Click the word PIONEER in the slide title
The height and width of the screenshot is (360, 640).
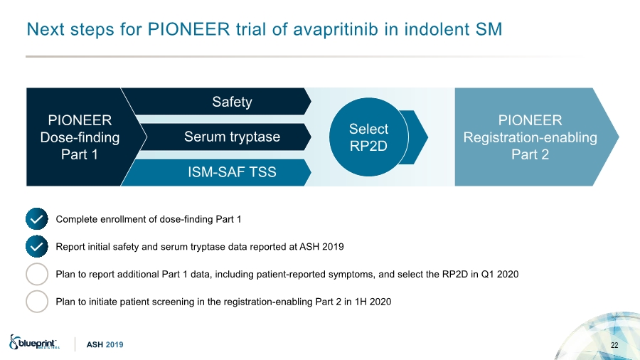click(188, 29)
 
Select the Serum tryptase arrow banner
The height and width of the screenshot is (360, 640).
click(225, 137)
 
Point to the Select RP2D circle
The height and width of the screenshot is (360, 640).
click(368, 137)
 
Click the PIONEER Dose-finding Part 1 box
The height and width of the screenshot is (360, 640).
click(80, 137)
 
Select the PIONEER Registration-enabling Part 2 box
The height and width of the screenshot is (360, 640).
click(530, 137)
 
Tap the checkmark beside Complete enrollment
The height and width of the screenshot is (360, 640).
click(37, 219)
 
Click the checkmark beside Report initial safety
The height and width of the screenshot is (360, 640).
click(37, 247)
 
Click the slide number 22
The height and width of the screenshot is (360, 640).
click(614, 345)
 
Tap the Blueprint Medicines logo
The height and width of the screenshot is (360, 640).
click(34, 342)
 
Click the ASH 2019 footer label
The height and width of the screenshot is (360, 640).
click(105, 345)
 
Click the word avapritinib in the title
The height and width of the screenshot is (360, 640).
click(336, 30)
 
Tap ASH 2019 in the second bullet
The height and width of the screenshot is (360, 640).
click(321, 247)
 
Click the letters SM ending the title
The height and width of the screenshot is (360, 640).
click(489, 29)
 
